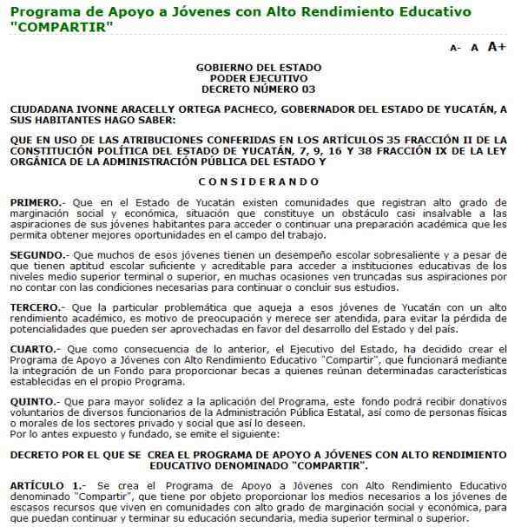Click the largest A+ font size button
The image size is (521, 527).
click(x=497, y=47)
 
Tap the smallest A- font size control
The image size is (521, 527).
click(x=455, y=49)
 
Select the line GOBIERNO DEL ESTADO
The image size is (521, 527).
click(x=259, y=68)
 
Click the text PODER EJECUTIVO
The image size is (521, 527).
click(x=259, y=78)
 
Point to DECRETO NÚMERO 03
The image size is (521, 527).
click(x=259, y=89)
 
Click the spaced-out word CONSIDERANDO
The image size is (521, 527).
click(x=259, y=181)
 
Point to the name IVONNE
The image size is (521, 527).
click(x=96, y=109)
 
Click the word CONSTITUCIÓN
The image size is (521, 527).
click(x=54, y=151)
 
